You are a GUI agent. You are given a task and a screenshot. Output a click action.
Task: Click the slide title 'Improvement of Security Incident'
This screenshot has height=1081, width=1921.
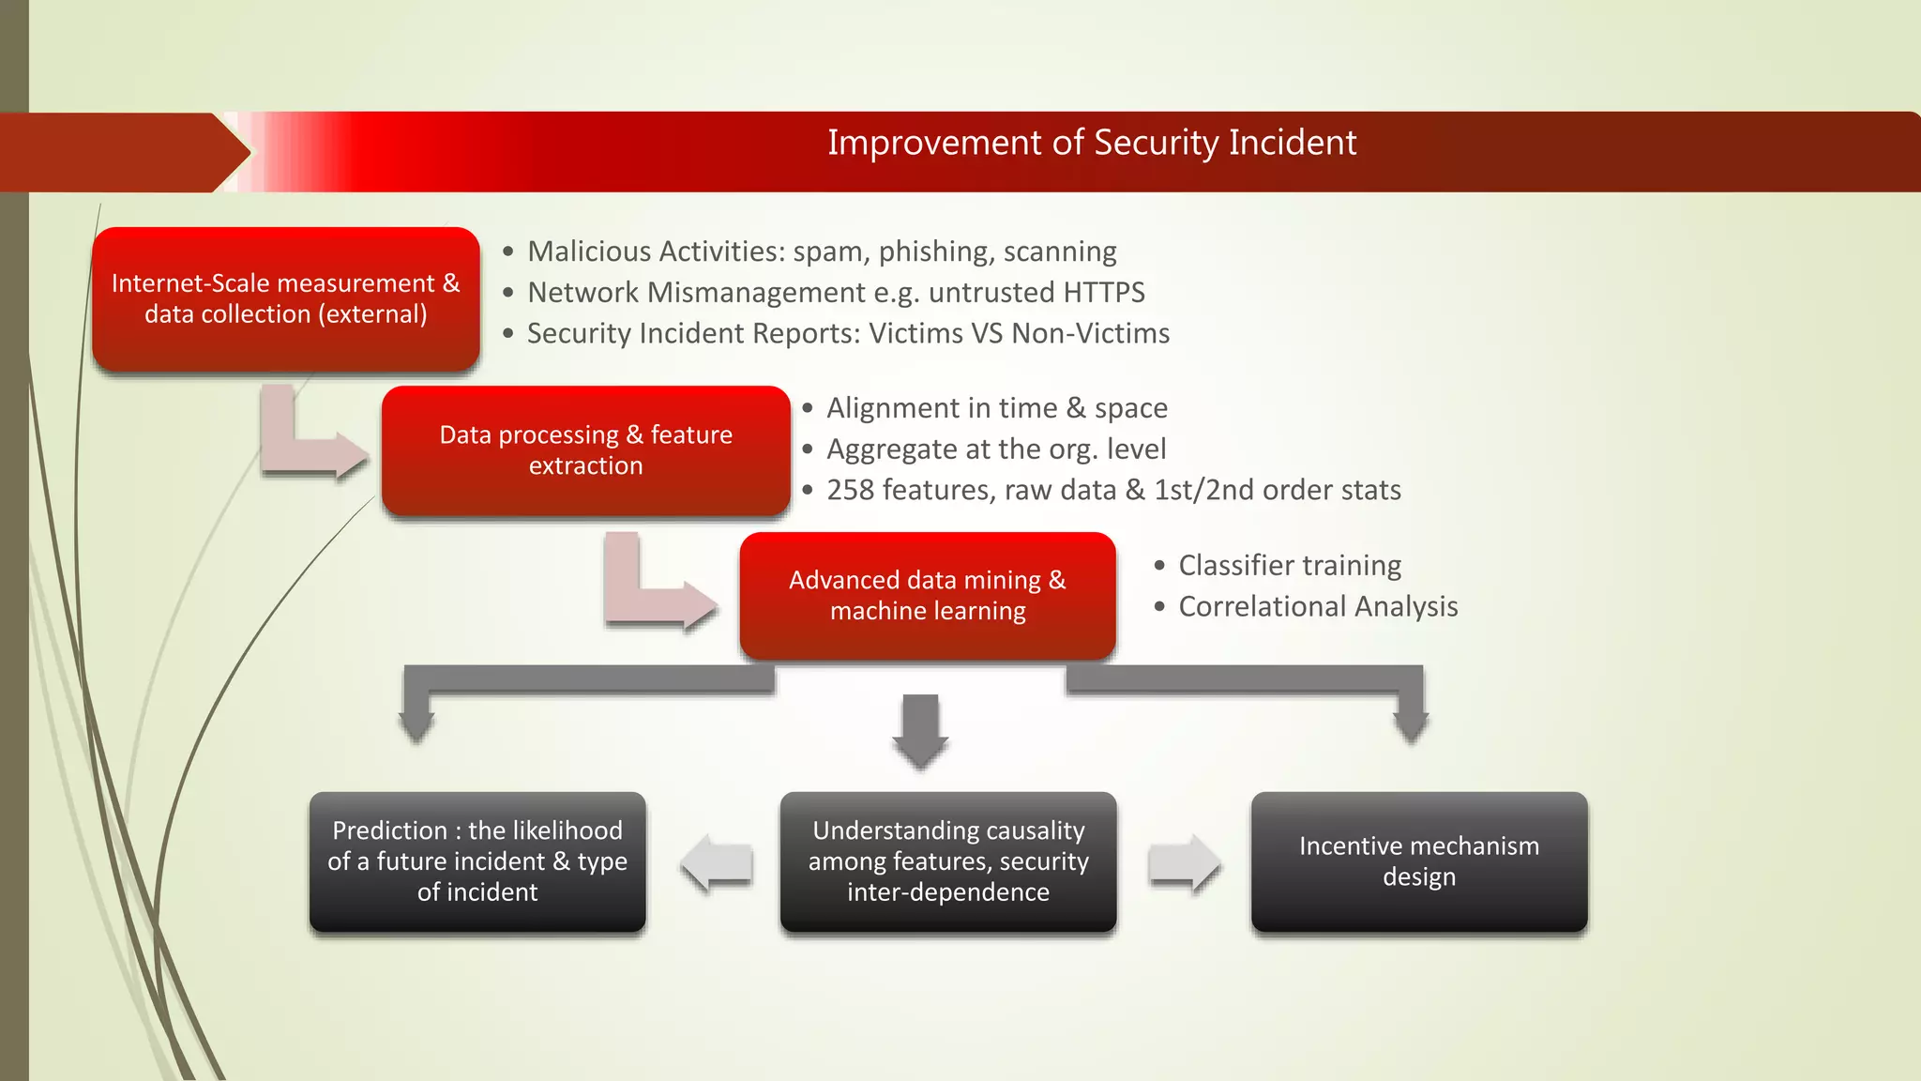click(1091, 143)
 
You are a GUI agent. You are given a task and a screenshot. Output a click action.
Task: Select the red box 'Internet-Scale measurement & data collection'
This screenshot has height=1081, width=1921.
click(286, 298)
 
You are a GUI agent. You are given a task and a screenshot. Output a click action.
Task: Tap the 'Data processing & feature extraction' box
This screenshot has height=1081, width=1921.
click(585, 450)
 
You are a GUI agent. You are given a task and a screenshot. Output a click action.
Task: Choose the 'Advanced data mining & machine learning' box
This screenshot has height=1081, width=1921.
click(927, 595)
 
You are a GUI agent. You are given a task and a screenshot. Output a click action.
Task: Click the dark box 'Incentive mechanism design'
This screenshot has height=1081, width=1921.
click(1418, 861)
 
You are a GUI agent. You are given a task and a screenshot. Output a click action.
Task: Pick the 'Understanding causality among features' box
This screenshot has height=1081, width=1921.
click(947, 861)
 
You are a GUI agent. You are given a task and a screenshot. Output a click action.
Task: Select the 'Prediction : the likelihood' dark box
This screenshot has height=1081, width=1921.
click(477, 861)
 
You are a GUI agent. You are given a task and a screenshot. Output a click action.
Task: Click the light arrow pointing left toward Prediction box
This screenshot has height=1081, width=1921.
click(717, 863)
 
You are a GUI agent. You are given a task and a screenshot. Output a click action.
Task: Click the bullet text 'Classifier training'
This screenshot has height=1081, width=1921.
click(1289, 566)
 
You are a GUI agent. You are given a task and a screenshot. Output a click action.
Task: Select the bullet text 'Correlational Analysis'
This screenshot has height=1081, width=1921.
click(1317, 607)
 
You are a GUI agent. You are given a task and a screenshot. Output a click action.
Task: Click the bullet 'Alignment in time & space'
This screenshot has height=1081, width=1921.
click(996, 408)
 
